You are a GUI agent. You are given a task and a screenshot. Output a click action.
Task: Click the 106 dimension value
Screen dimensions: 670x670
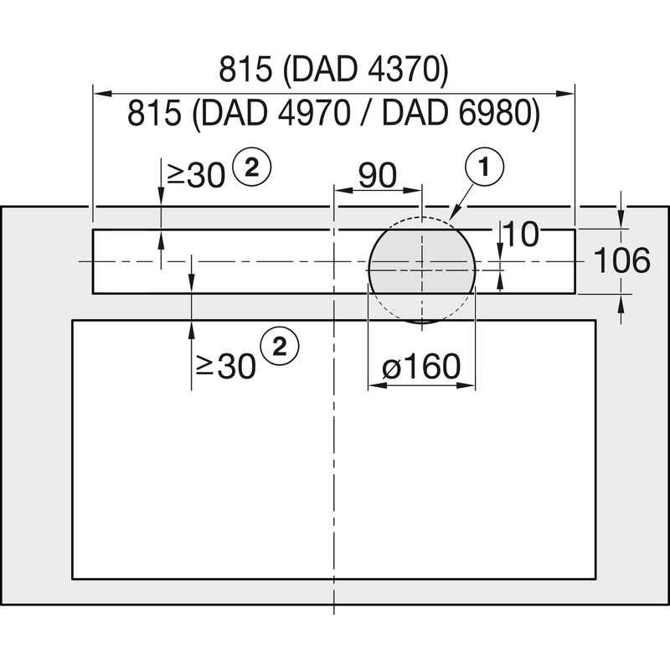pyautogui.click(x=621, y=261)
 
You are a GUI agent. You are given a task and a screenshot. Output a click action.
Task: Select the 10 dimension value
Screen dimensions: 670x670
pyautogui.click(x=522, y=235)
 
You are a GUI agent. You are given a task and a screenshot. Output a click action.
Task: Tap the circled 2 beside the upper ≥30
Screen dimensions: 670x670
pyautogui.click(x=252, y=168)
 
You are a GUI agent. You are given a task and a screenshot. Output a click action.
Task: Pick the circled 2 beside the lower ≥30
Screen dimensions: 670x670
pyautogui.click(x=280, y=346)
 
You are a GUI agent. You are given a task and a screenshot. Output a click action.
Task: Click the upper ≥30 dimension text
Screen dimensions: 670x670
pyautogui.click(x=195, y=174)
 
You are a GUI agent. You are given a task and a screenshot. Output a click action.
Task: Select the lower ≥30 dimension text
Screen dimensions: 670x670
pyautogui.click(x=224, y=366)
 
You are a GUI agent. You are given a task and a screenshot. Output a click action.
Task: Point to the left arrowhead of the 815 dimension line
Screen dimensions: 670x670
pyautogui.click(x=95, y=93)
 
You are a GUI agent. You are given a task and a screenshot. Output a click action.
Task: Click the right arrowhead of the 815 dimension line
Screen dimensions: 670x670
pyautogui.click(x=571, y=93)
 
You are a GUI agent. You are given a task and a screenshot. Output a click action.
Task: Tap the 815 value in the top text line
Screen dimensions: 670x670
pyautogui.click(x=247, y=71)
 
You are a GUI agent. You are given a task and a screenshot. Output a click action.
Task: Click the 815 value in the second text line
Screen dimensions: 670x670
pyautogui.click(x=155, y=113)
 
